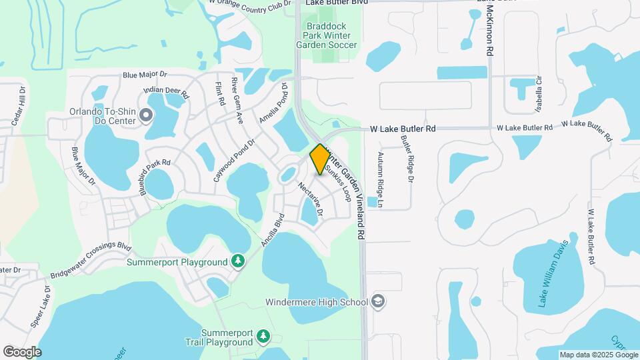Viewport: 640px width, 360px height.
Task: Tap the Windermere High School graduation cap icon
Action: click(x=379, y=302)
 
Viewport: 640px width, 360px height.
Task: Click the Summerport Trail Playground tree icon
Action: click(x=263, y=337)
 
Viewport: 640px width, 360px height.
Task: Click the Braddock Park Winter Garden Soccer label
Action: click(x=323, y=36)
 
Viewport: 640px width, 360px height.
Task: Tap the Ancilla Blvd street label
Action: click(x=273, y=230)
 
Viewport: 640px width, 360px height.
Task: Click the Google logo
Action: click(x=22, y=351)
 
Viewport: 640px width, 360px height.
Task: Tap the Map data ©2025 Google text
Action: click(x=598, y=355)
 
